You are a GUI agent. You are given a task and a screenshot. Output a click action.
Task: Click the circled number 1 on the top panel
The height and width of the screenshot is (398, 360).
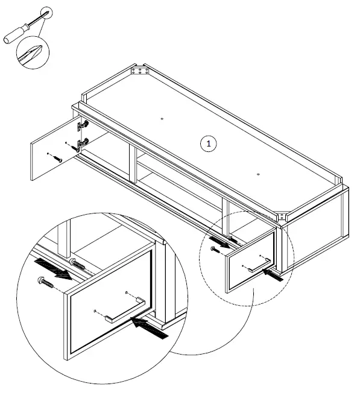click(x=208, y=144)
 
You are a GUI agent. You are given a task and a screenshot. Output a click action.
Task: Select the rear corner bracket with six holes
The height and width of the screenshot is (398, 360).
click(x=140, y=72)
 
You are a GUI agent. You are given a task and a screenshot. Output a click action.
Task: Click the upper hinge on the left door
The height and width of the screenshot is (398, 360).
click(x=83, y=125)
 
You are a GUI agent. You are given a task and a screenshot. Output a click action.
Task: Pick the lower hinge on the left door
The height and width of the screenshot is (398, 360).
click(x=83, y=145)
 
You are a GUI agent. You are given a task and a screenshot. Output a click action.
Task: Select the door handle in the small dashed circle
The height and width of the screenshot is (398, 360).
click(x=257, y=265)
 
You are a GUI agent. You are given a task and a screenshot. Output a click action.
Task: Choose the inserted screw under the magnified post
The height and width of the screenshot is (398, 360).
click(x=78, y=264)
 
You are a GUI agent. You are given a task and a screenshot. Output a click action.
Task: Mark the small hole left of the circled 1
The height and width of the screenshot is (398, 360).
click(x=163, y=119)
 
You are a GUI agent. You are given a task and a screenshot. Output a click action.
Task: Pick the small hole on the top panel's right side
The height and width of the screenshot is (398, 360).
click(x=257, y=174)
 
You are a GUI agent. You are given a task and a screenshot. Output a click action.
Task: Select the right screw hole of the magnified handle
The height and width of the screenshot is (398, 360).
click(x=126, y=294)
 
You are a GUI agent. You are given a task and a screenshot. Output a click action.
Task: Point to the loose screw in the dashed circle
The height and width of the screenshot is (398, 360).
click(x=213, y=248)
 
